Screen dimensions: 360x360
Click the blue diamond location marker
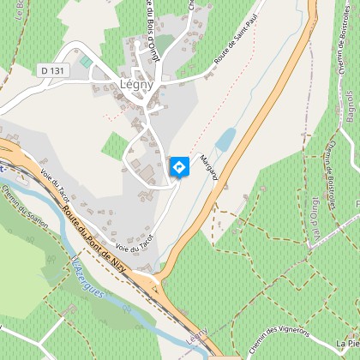[178, 167]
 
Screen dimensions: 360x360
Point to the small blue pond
[225, 139]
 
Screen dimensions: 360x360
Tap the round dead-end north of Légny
[136, 42]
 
